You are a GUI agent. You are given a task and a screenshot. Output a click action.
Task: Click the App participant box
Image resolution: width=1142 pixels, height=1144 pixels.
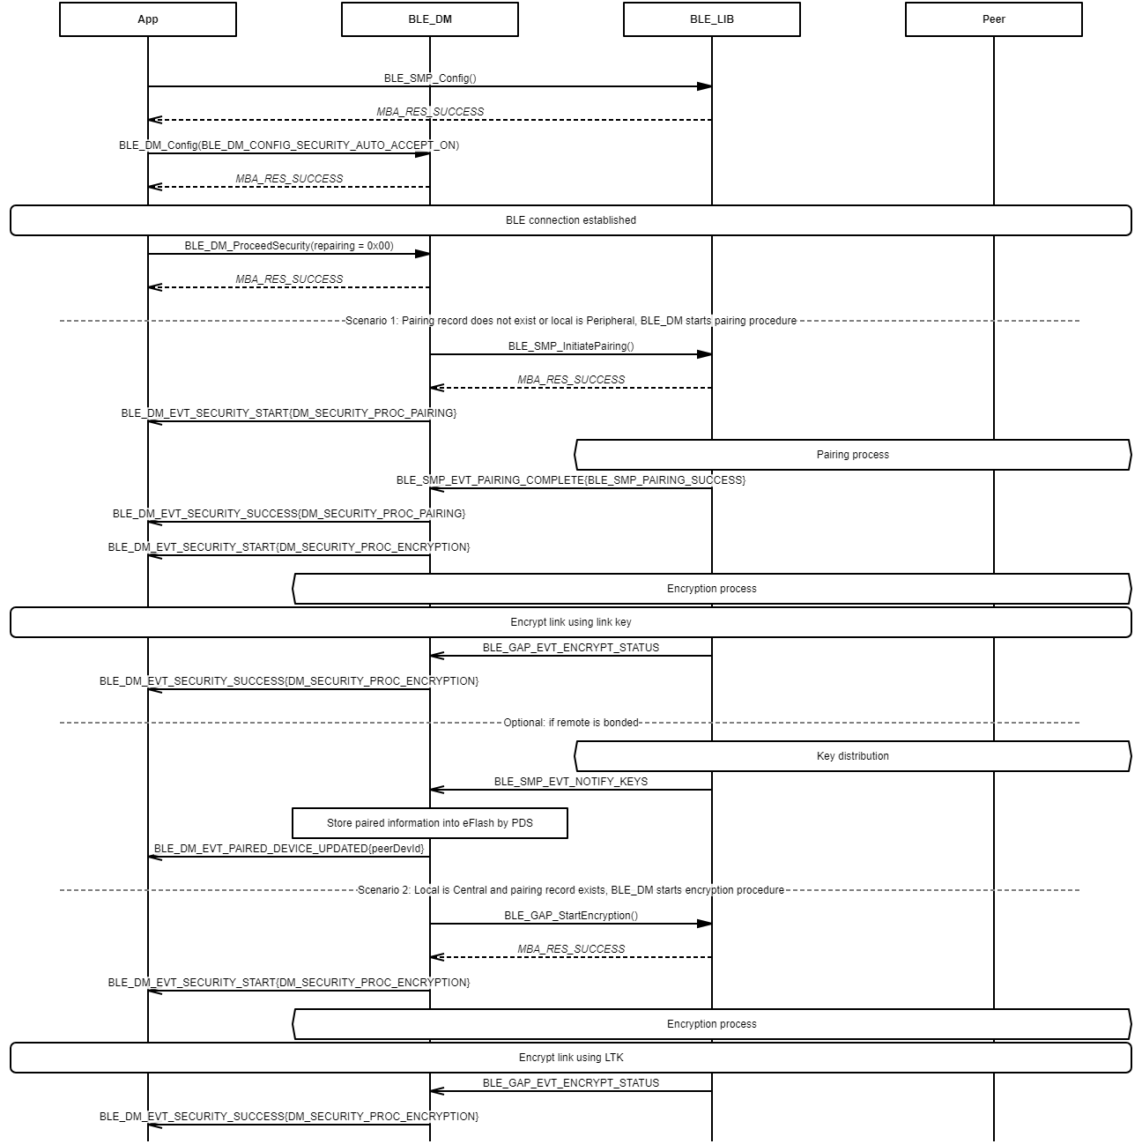tap(148, 19)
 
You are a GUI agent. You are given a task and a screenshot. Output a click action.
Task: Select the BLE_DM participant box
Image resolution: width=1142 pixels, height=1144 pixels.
tap(430, 19)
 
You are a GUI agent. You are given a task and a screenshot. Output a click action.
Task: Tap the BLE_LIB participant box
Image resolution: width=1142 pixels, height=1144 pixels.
tap(712, 19)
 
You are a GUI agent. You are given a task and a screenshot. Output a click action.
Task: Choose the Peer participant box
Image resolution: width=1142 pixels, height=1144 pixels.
tap(994, 19)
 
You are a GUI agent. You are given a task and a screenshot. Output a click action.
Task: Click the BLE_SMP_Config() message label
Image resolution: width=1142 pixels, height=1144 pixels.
tap(430, 78)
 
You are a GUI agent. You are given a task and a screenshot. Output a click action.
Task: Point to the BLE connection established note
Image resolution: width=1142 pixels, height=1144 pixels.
tap(571, 220)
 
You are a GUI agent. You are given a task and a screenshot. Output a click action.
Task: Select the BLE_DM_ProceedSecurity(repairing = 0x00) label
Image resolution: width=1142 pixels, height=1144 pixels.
tap(289, 246)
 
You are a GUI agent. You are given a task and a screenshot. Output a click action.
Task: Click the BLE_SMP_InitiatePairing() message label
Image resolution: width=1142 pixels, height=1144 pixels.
tap(571, 346)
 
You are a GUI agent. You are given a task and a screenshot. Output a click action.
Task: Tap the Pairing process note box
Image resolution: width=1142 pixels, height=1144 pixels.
tap(853, 455)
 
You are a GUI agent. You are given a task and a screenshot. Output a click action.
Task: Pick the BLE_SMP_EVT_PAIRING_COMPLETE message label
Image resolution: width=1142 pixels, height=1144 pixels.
tap(571, 480)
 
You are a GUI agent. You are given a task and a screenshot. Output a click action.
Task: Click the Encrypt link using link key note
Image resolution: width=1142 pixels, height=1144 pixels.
tap(571, 622)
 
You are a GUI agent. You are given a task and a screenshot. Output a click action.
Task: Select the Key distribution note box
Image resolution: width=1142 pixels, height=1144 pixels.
tap(853, 756)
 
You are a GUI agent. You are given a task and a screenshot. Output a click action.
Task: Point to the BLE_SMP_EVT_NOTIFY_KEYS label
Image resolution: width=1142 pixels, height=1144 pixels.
tap(571, 782)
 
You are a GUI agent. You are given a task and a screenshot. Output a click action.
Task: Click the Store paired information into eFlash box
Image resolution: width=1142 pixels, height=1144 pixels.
tap(430, 823)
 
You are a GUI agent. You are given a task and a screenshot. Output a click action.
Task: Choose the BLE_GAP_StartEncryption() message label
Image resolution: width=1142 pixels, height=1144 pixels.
tap(571, 916)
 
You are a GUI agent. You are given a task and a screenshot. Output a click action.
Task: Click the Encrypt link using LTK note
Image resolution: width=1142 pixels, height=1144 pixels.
tap(571, 1058)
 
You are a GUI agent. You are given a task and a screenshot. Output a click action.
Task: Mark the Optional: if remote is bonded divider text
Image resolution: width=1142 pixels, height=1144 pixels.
tap(571, 723)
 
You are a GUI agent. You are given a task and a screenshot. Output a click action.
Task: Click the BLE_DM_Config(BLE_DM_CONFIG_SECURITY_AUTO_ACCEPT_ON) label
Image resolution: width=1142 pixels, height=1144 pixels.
tap(289, 145)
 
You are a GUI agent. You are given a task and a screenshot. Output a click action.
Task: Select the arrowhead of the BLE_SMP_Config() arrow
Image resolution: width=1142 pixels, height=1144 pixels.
tap(705, 86)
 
